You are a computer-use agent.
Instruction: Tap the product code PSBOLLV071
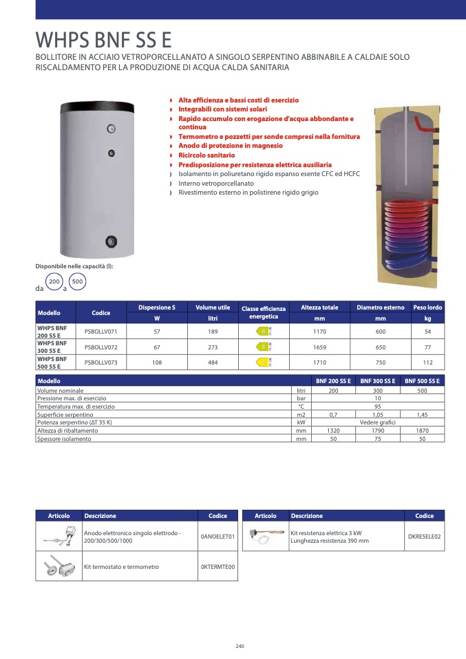101,332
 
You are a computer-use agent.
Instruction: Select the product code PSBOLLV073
101,361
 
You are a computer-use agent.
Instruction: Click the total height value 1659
319,346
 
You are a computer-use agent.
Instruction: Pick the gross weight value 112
427,361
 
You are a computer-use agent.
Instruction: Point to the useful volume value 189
213,332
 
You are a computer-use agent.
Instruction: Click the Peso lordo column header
427,307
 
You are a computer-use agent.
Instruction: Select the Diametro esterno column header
381,307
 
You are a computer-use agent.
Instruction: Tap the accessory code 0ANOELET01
218,536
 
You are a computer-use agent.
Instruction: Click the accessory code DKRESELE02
425,536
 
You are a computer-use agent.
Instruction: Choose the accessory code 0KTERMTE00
218,567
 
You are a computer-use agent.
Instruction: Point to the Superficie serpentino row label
65,415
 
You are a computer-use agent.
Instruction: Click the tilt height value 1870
423,431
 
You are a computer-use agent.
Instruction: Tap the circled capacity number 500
77,282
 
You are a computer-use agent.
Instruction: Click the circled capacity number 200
54,282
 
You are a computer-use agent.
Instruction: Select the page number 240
240,646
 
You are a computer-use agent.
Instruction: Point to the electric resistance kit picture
265,537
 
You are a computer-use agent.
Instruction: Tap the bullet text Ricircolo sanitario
206,155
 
